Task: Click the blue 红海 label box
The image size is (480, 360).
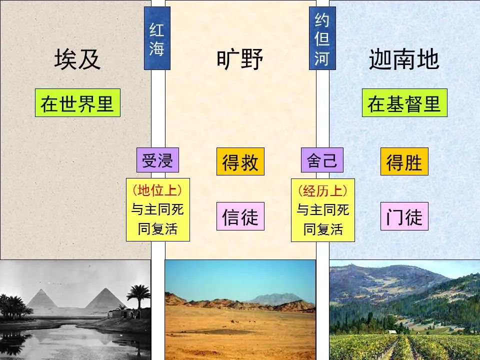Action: pos(157,38)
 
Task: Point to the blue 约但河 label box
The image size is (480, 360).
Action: pos(322,38)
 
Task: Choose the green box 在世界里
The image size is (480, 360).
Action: pos(77,103)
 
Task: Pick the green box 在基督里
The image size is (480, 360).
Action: pos(404,103)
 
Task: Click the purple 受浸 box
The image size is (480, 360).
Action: pos(157,160)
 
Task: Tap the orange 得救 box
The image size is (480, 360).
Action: pos(240,162)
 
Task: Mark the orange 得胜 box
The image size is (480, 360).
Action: pos(404,162)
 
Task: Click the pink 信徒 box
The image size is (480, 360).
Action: pos(240,216)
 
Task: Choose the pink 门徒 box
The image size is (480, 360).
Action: pos(404,216)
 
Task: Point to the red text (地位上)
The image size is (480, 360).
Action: pos(157,190)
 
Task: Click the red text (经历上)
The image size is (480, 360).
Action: pos(322,190)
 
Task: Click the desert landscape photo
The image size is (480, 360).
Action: pos(240,310)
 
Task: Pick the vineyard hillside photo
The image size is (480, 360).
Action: pos(404,310)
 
